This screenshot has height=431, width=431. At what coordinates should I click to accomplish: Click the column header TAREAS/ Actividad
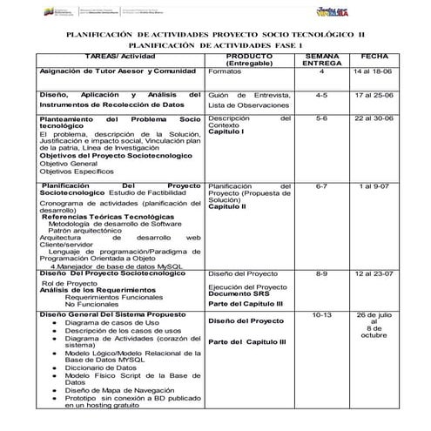coord(118,55)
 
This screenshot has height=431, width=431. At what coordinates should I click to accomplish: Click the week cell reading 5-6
coord(321,117)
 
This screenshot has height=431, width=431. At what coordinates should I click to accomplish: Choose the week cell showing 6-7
coord(321,185)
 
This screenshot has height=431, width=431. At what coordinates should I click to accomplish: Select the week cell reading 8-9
coord(321,273)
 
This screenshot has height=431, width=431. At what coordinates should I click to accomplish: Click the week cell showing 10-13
coord(321,313)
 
